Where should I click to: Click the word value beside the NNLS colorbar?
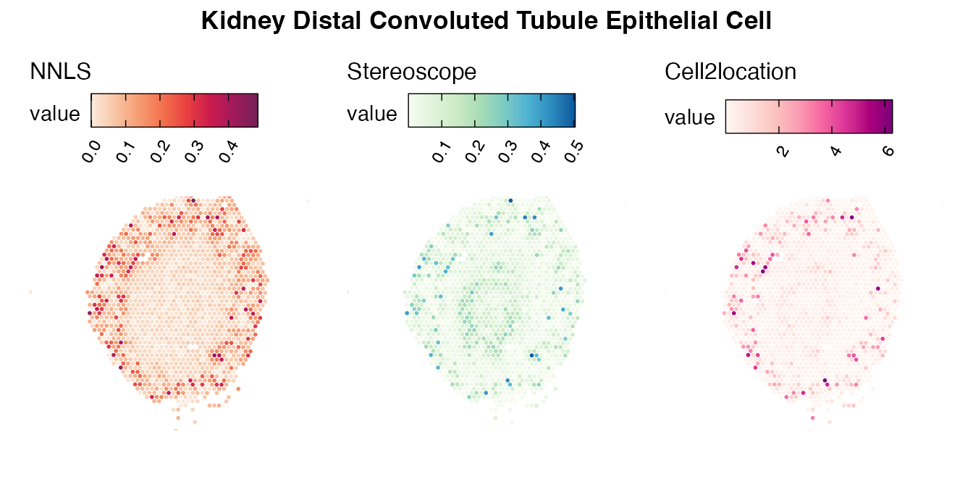55,114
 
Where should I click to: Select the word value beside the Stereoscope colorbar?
372,114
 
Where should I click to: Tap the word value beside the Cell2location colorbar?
690,117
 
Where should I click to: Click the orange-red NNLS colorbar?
174,110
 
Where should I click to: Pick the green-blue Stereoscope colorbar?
492,110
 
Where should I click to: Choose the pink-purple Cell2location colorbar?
809,116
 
